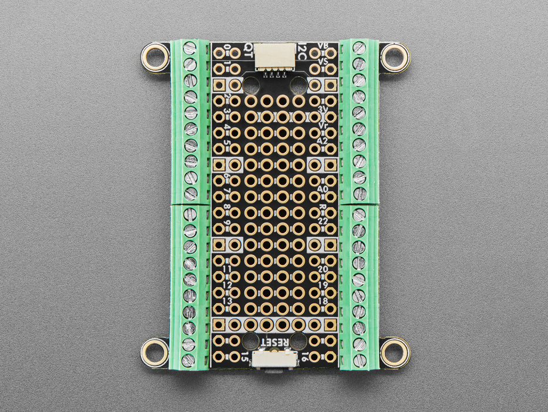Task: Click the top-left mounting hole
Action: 155,58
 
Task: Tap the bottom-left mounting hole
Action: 155,352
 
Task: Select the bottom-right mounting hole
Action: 394,352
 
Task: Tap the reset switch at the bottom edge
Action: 274,360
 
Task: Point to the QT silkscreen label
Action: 249,50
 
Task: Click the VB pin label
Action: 322,46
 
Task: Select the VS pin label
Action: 322,61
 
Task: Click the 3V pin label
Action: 322,110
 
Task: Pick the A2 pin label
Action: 322,141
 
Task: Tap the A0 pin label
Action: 322,189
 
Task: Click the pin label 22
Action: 322,221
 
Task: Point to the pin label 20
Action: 322,269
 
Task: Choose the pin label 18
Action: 322,301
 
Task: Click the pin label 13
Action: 227,301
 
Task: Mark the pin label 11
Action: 227,269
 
